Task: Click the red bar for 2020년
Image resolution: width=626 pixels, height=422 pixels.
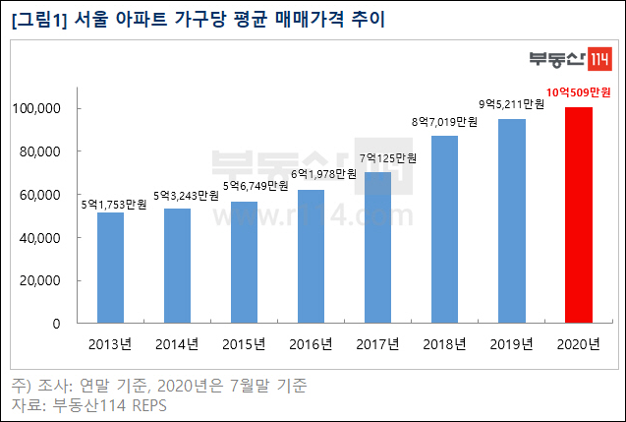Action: (578, 215)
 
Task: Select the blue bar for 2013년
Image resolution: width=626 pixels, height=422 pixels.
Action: (110, 268)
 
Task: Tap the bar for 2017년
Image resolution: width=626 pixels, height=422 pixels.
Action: (378, 248)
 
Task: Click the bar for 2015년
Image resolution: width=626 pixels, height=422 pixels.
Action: (244, 263)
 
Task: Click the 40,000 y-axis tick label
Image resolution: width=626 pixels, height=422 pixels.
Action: (66, 237)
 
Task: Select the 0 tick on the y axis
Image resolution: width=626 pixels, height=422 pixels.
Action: (82, 323)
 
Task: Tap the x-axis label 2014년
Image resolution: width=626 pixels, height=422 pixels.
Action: (177, 344)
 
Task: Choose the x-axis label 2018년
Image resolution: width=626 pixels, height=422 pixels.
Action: (444, 344)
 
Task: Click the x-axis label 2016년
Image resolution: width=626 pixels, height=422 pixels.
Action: (311, 344)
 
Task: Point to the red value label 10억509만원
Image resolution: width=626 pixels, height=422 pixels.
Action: (579, 92)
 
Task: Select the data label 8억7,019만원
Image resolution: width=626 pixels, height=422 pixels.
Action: (444, 123)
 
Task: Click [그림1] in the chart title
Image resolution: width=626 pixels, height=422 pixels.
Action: (38, 21)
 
